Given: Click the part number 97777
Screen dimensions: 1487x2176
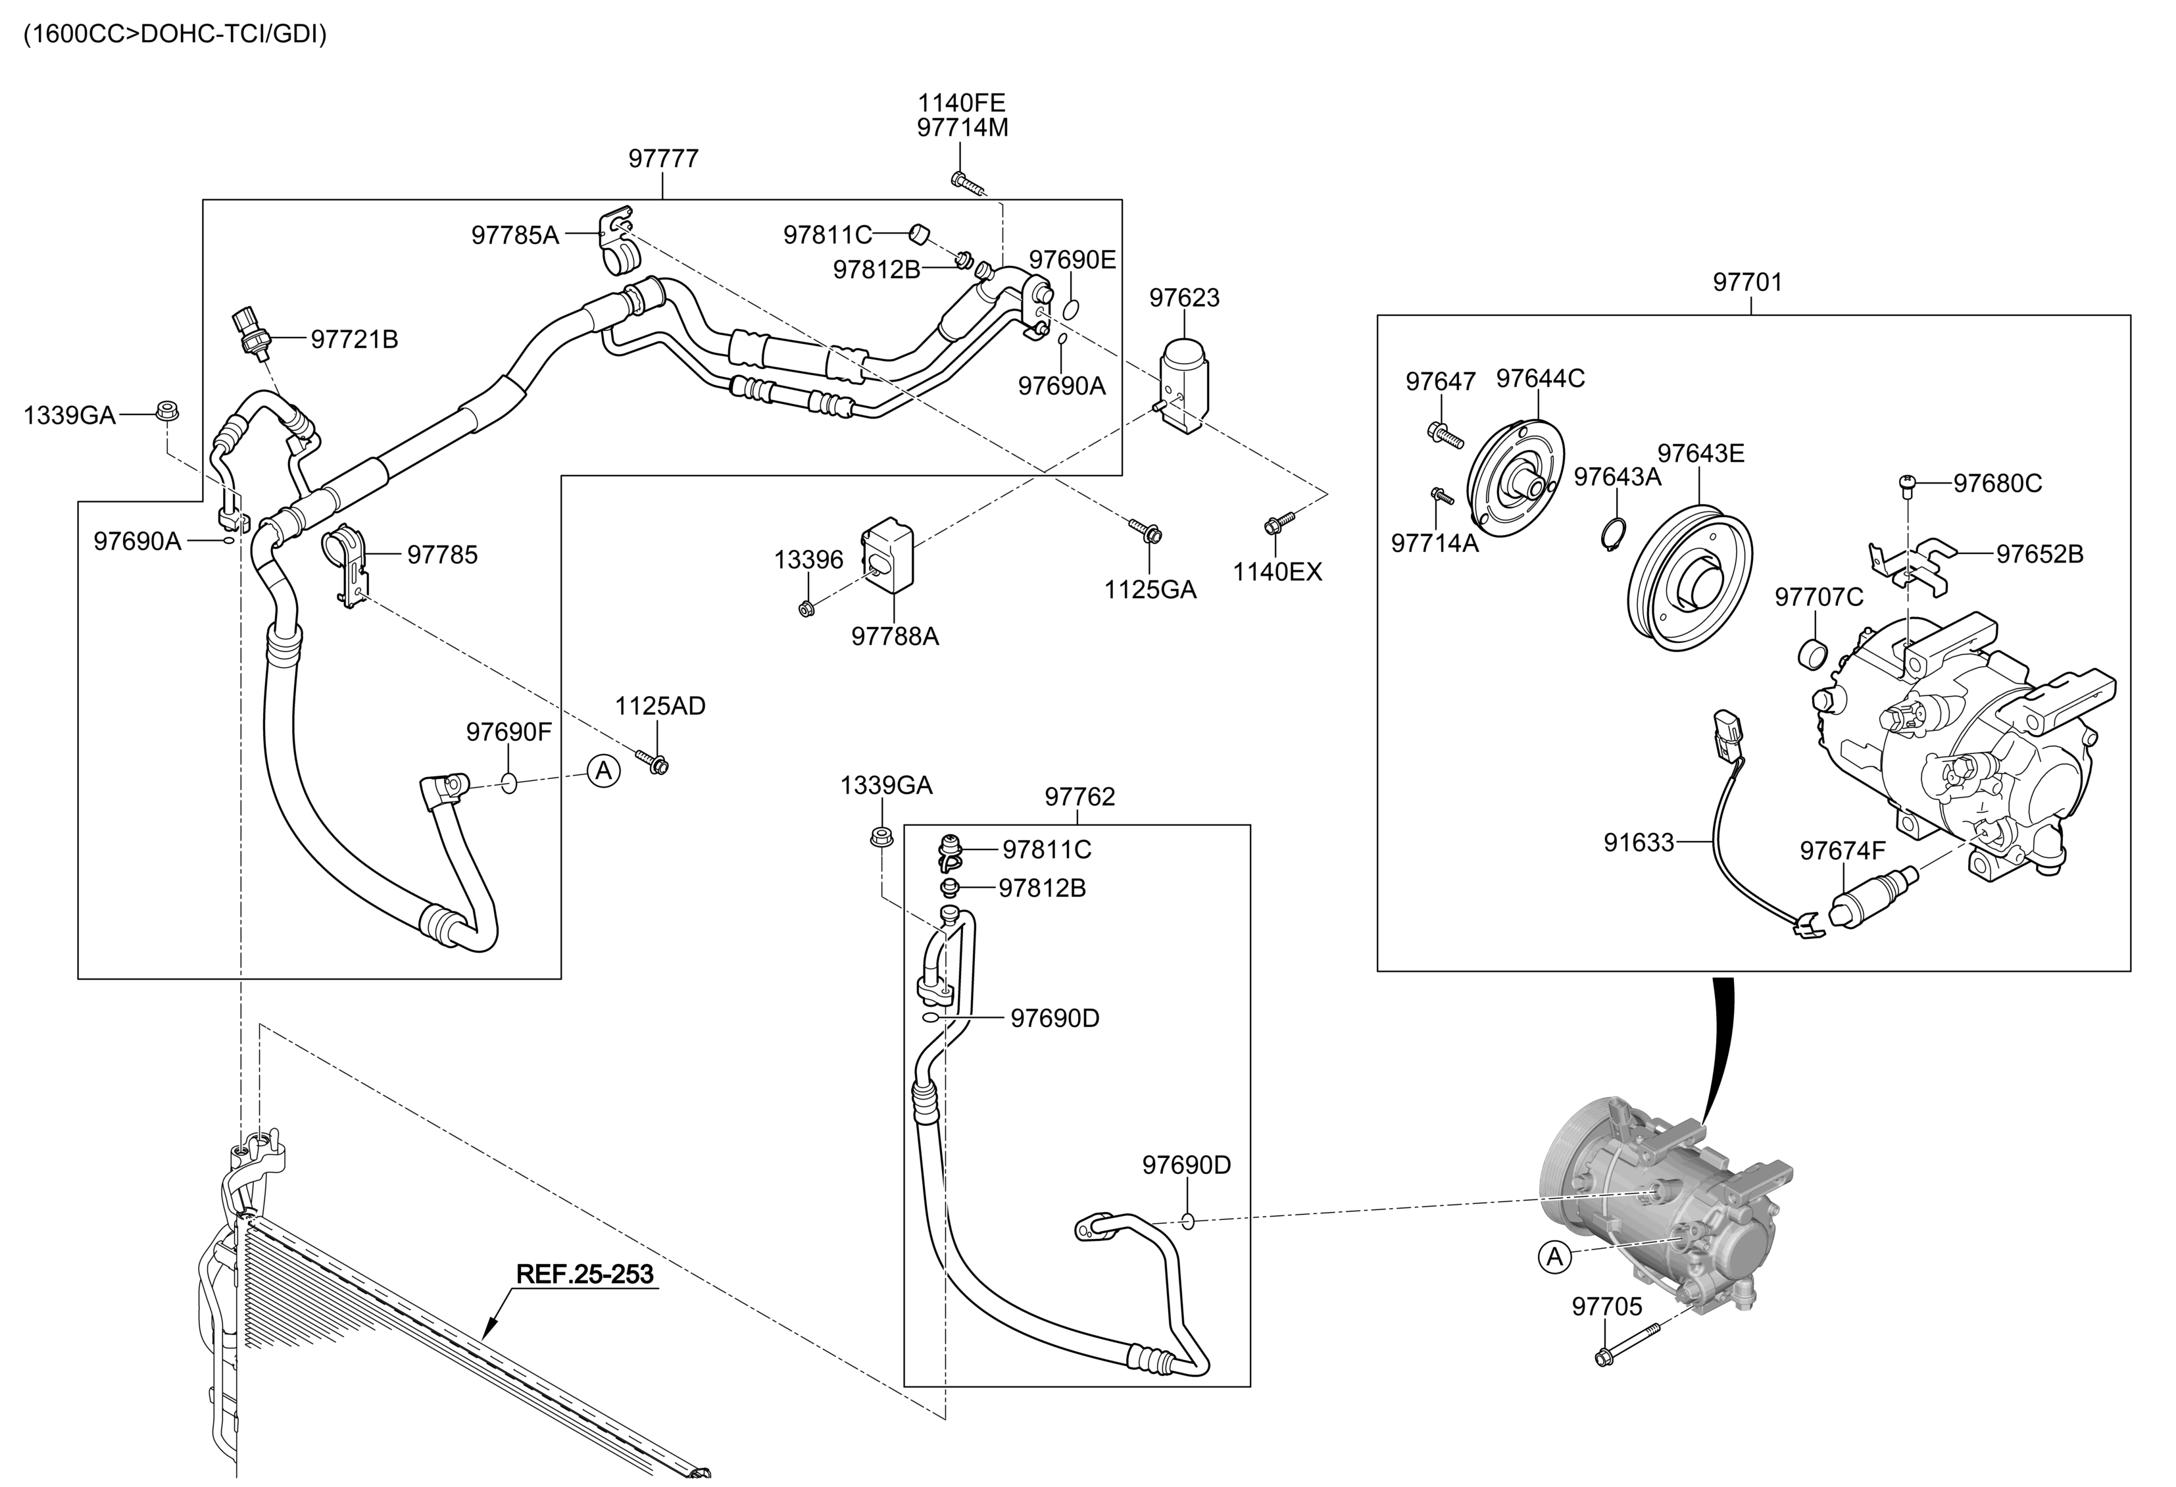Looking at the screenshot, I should tap(663, 159).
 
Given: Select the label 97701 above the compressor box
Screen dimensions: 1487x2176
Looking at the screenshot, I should tap(1747, 282).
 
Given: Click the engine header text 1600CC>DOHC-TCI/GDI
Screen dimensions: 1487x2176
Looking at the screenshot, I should tap(175, 36).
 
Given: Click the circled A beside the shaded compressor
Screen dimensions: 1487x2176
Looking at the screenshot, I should tap(1555, 1257).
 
